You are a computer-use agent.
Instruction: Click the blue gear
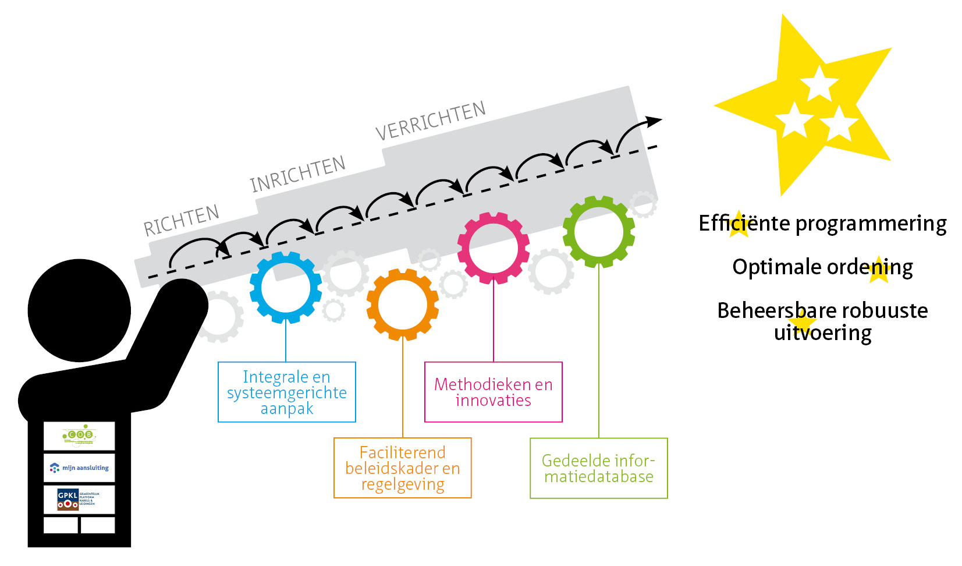[x=285, y=287]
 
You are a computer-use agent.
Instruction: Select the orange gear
[x=402, y=304]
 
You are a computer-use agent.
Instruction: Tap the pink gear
[x=494, y=248]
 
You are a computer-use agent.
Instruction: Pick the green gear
[x=598, y=231]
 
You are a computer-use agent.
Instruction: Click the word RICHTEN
[x=182, y=220]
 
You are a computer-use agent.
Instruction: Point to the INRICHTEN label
[x=297, y=174]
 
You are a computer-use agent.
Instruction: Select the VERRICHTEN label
[x=430, y=121]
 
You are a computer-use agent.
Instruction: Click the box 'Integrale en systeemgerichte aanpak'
[x=286, y=392]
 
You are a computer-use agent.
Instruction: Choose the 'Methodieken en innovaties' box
[x=493, y=392]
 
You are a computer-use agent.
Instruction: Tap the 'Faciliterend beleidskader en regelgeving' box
[x=402, y=468]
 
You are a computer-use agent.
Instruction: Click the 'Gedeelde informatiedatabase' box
[x=598, y=468]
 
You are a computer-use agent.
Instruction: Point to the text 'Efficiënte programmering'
[x=822, y=223]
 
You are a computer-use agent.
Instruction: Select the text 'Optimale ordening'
[x=822, y=267]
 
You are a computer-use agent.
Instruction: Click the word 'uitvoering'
[x=822, y=333]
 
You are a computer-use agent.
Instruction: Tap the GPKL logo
[x=79, y=499]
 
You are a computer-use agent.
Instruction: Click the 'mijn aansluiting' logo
[x=79, y=468]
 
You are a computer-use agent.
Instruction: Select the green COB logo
[x=79, y=436]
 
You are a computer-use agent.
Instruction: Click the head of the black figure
[x=79, y=310]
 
